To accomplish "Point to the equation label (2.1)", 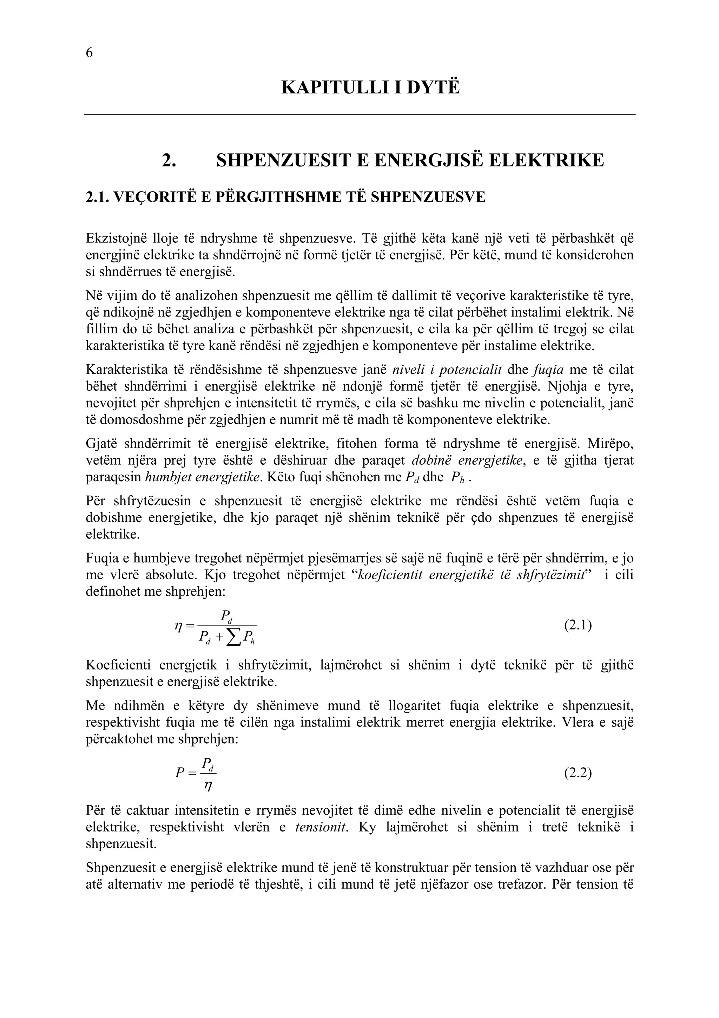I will (578, 626).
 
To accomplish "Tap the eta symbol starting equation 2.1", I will (179, 626).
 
